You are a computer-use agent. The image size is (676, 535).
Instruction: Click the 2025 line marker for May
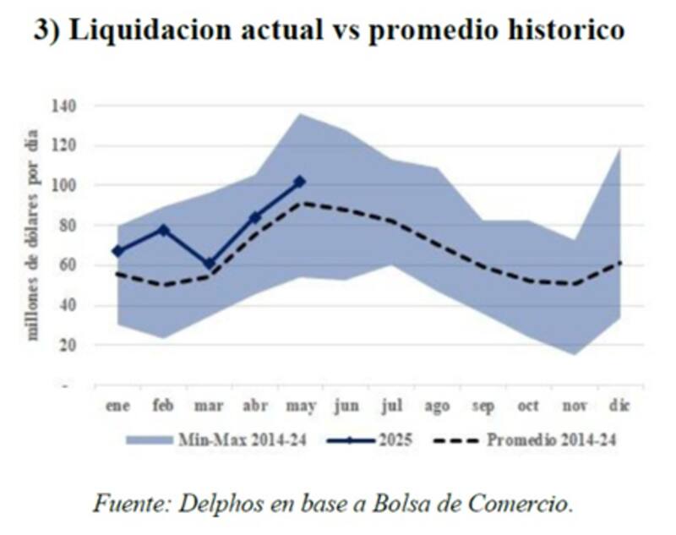[x=299, y=181]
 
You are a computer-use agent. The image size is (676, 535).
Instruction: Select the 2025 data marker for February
[x=164, y=230]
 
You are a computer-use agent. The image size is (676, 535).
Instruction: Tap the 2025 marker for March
[x=210, y=264]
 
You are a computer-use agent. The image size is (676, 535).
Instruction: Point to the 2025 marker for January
[x=117, y=251]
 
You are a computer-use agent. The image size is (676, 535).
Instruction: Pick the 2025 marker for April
[x=254, y=217]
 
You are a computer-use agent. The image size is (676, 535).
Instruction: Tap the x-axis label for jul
[x=391, y=407]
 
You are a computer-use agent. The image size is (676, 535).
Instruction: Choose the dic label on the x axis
[x=619, y=407]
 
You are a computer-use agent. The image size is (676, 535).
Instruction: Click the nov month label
[x=573, y=407]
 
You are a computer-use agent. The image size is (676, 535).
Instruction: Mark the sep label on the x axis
[x=482, y=407]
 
